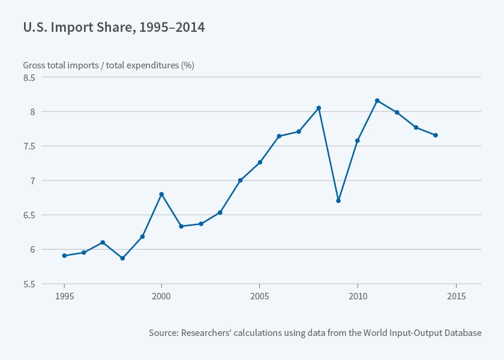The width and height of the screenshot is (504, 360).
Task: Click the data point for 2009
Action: (x=338, y=200)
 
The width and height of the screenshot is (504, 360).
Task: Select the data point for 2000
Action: (x=161, y=194)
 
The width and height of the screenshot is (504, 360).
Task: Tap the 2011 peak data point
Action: (x=377, y=101)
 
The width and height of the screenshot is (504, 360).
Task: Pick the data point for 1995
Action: (x=64, y=256)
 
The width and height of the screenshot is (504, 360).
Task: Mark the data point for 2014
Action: (x=436, y=135)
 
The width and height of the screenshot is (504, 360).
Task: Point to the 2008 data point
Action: (x=319, y=108)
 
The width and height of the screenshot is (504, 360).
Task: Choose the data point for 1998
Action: (x=122, y=258)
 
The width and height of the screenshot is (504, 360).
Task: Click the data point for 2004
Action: (x=240, y=180)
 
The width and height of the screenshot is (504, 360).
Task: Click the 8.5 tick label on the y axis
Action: (x=29, y=77)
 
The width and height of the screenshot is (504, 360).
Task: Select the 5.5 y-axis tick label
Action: (x=29, y=284)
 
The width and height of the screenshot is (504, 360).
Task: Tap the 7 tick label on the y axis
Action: (x=34, y=181)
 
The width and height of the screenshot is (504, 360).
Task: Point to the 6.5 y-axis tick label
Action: (x=29, y=215)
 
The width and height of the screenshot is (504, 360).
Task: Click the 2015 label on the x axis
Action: (x=456, y=297)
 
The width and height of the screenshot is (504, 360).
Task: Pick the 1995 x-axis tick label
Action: (x=64, y=297)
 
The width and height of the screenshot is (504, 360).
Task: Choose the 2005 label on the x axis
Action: (x=259, y=297)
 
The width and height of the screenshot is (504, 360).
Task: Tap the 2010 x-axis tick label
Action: (x=358, y=297)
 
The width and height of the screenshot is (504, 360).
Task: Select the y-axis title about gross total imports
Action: (x=108, y=65)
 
